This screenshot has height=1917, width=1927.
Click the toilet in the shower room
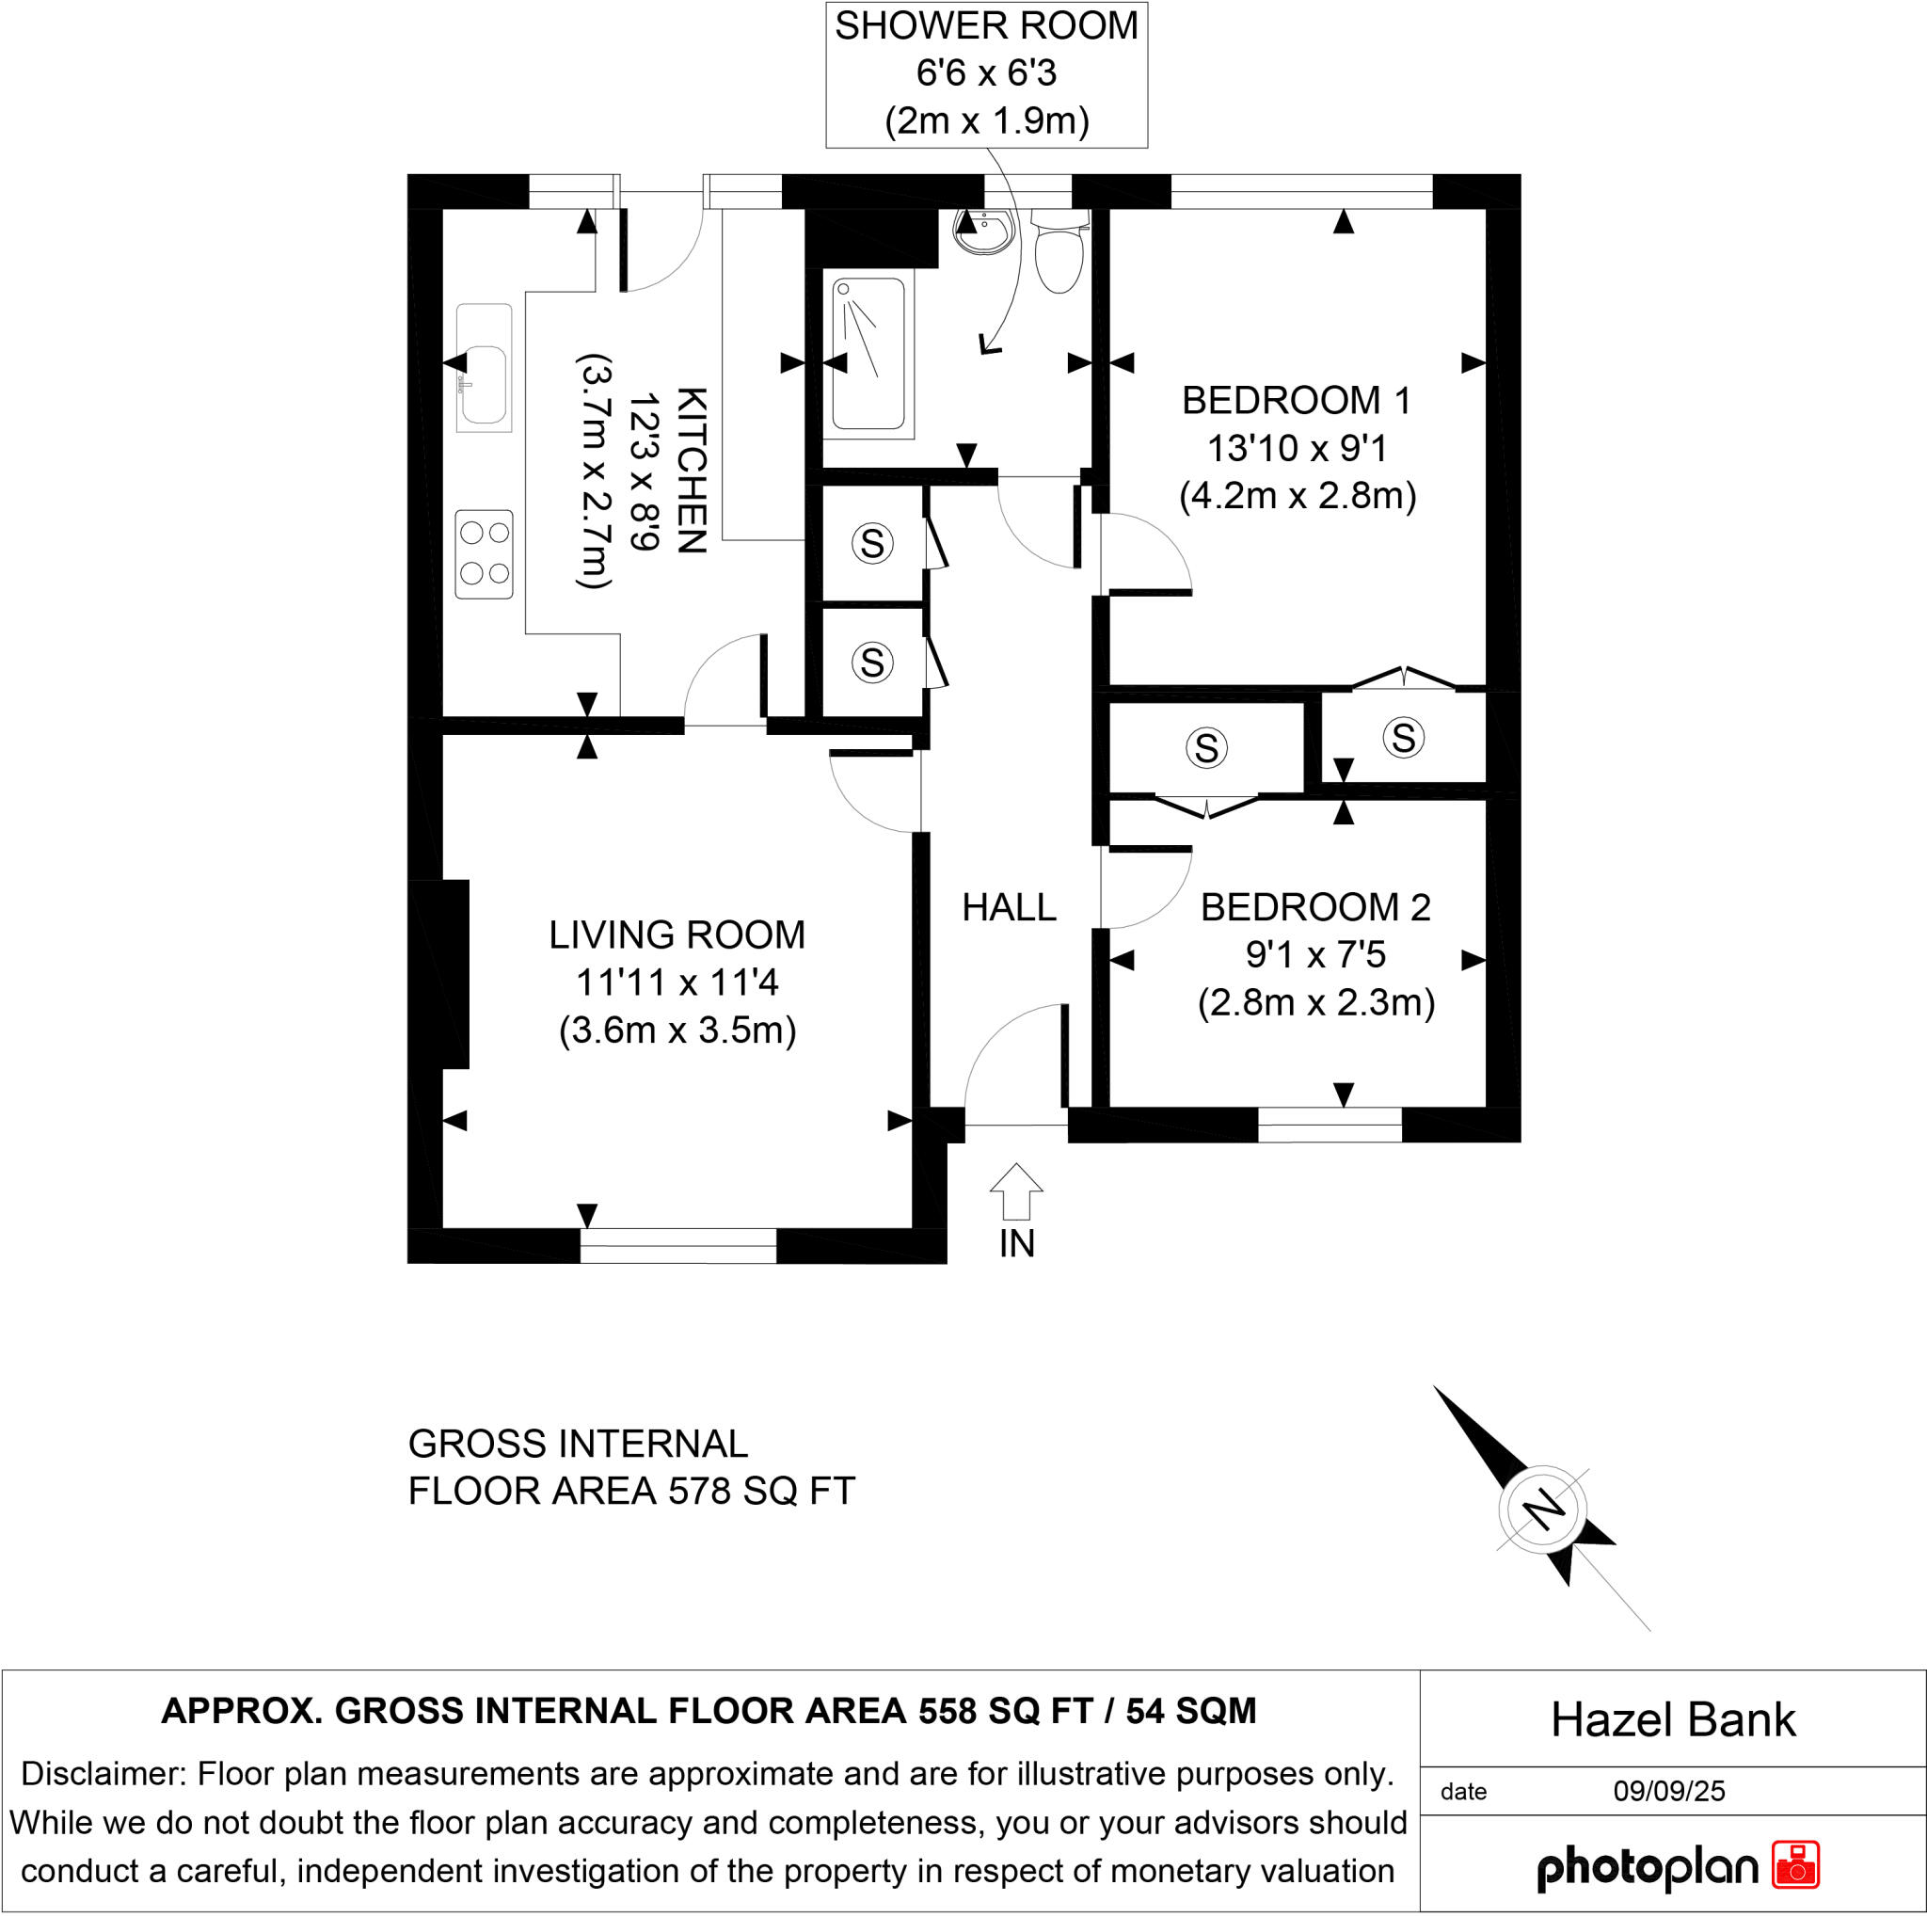(1059, 255)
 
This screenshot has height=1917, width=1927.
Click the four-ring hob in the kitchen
(484, 554)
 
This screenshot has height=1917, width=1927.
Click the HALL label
(1009, 907)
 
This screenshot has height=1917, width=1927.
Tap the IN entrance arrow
(1016, 1192)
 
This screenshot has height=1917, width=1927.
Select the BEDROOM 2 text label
(1314, 907)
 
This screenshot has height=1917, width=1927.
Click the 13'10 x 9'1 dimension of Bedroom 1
(1297, 449)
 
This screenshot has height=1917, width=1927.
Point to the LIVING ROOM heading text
(677, 935)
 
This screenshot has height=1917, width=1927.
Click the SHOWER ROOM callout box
(986, 74)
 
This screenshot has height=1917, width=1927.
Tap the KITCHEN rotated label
(692, 471)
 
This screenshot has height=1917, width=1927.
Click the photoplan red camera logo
(1795, 1865)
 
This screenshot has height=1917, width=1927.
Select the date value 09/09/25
(1668, 1791)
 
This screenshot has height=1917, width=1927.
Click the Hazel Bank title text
(1673, 1720)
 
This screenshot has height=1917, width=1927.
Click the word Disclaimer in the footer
(102, 1774)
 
